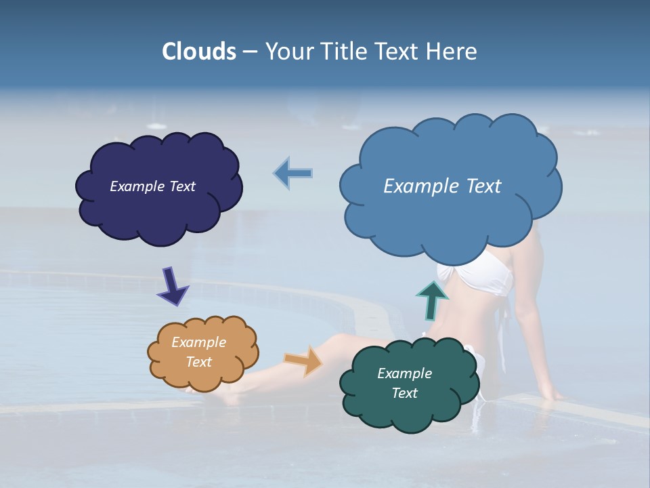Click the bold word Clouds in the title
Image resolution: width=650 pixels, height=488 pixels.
click(199, 52)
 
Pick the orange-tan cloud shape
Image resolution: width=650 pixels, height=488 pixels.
click(202, 352)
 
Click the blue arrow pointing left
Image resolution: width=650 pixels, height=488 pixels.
click(293, 173)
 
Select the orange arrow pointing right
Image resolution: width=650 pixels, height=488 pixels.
click(304, 360)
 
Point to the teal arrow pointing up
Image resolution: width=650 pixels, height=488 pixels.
click(431, 300)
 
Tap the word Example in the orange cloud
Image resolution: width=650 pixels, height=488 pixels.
click(198, 342)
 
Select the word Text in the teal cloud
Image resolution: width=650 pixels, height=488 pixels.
click(404, 393)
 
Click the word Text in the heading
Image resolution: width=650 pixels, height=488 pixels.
click(399, 52)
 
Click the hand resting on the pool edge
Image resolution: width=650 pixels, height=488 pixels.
click(550, 394)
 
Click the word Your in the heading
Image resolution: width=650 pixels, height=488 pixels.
click(288, 52)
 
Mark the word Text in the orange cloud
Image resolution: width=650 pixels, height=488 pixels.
click(198, 362)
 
